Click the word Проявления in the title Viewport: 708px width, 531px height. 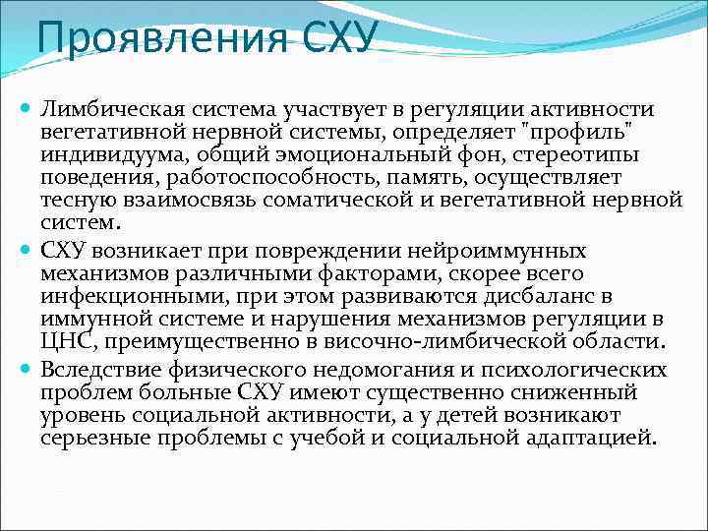point(158,39)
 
